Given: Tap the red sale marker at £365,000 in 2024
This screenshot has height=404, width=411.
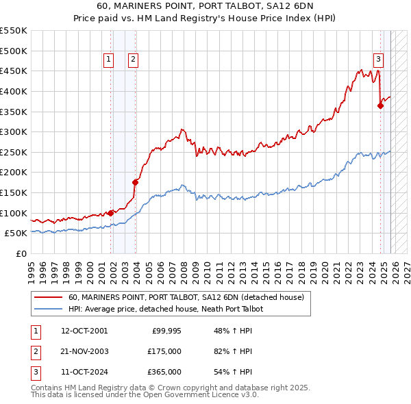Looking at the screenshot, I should [381, 105].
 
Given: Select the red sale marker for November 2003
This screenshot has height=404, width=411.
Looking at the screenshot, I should [136, 182].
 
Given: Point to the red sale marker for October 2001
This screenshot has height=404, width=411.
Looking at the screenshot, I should [111, 213].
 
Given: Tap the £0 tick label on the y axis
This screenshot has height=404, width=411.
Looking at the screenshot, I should [21, 253].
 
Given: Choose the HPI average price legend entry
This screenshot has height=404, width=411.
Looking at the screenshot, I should [165, 310].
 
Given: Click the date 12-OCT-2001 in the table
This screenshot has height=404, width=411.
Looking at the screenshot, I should [84, 331].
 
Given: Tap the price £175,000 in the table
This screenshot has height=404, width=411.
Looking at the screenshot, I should [164, 351].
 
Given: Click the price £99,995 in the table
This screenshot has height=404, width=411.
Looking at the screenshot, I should [166, 331].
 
